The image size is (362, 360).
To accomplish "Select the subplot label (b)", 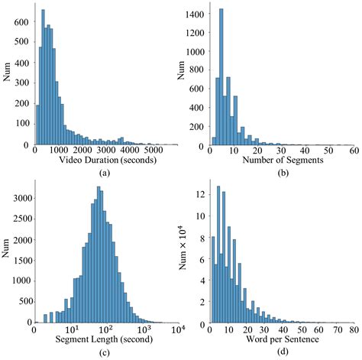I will (283, 174).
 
